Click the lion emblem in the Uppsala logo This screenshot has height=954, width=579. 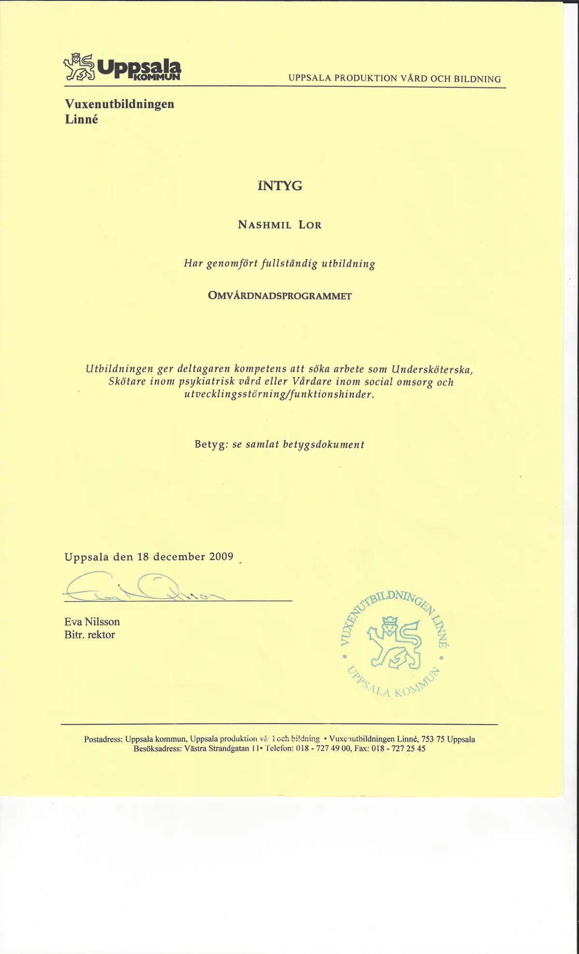[x=79, y=67]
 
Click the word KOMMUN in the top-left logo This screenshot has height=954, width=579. [x=156, y=77]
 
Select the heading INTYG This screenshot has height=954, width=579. [x=280, y=186]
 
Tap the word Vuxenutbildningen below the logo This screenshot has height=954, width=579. [x=119, y=104]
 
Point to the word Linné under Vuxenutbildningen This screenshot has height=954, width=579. [x=81, y=120]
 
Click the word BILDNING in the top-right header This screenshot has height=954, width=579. [x=477, y=79]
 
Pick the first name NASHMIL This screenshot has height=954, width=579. [x=264, y=225]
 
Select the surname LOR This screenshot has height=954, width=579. [x=310, y=225]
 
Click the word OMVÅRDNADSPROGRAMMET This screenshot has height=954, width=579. [x=279, y=296]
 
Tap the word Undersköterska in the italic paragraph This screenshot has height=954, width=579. [x=432, y=370]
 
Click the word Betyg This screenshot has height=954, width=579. [x=209, y=444]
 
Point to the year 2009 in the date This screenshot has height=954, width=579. [x=221, y=557]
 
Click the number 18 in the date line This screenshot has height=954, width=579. [x=143, y=557]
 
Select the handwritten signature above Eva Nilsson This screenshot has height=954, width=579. [x=140, y=588]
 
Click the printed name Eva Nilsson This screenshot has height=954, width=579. [x=92, y=622]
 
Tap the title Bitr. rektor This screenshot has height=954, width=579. [x=89, y=635]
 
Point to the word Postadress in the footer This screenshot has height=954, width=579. [x=103, y=739]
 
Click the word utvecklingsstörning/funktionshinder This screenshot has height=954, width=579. [x=279, y=394]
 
